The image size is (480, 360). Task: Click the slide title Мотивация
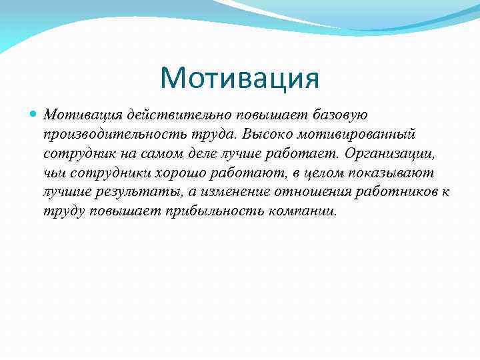pyautogui.click(x=240, y=78)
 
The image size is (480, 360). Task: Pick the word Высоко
pyautogui.click(x=265, y=135)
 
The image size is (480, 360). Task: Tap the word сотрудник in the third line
pyautogui.click(x=75, y=154)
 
